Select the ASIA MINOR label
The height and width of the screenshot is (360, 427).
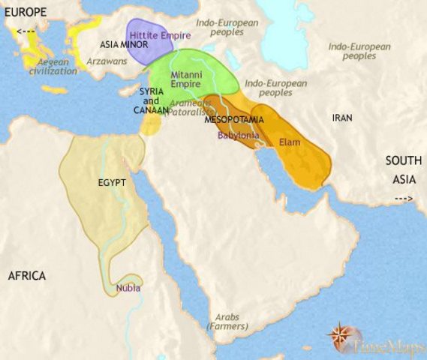(123, 45)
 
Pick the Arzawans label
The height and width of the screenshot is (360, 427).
(107, 59)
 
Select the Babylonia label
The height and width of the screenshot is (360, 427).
(239, 135)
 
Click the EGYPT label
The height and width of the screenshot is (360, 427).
(110, 181)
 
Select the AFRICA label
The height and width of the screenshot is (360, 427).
(27, 276)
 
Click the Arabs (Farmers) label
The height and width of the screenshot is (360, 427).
(226, 322)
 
